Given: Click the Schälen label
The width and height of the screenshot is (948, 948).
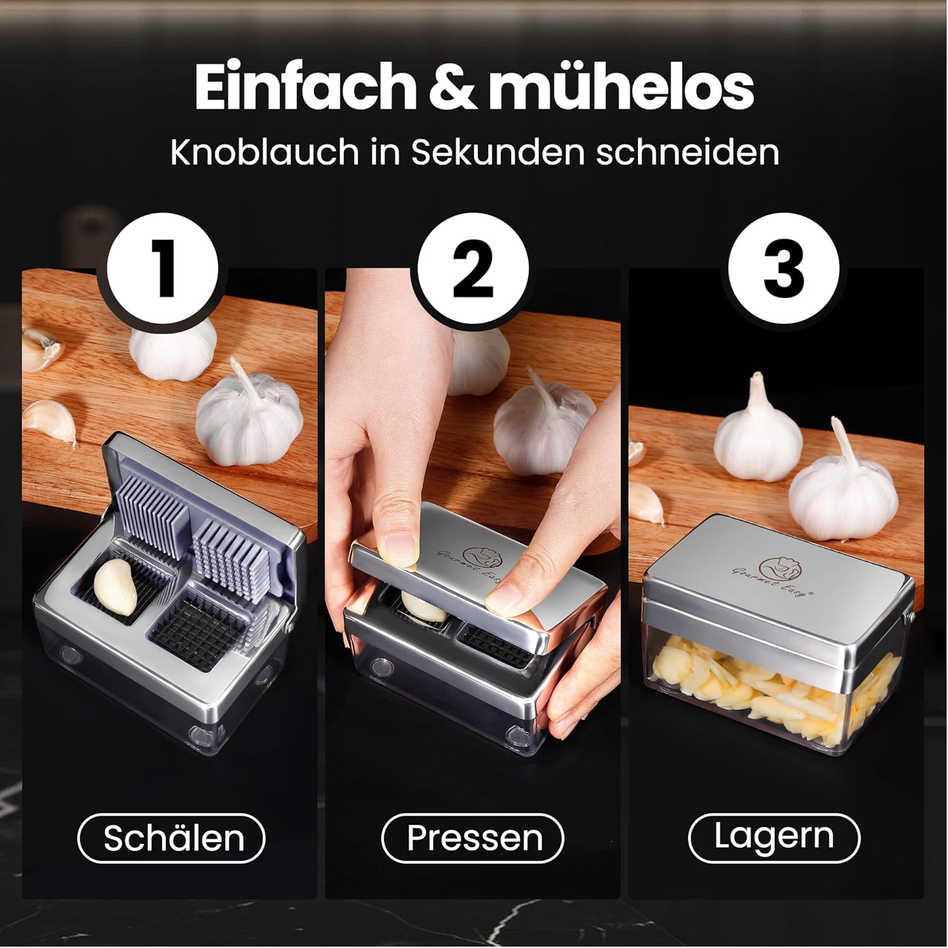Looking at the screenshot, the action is (x=171, y=838).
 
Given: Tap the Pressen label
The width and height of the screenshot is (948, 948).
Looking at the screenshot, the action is (x=472, y=838).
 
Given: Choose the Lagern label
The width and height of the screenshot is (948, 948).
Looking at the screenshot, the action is (x=774, y=838).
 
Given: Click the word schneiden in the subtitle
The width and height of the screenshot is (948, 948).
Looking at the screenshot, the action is (x=688, y=152).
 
